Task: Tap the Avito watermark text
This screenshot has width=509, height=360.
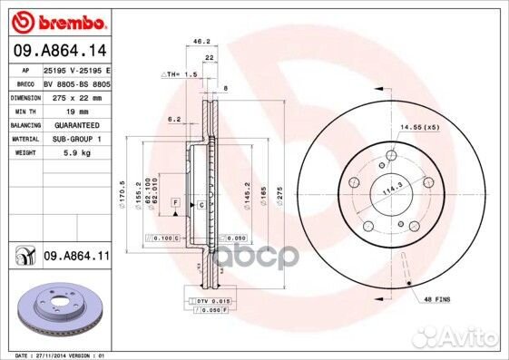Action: coord(477,341)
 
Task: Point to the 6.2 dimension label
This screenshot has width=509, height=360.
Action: coord(174,119)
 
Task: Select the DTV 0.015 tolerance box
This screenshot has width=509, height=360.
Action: coord(210,299)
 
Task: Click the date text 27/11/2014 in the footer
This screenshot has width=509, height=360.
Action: coord(55,355)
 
